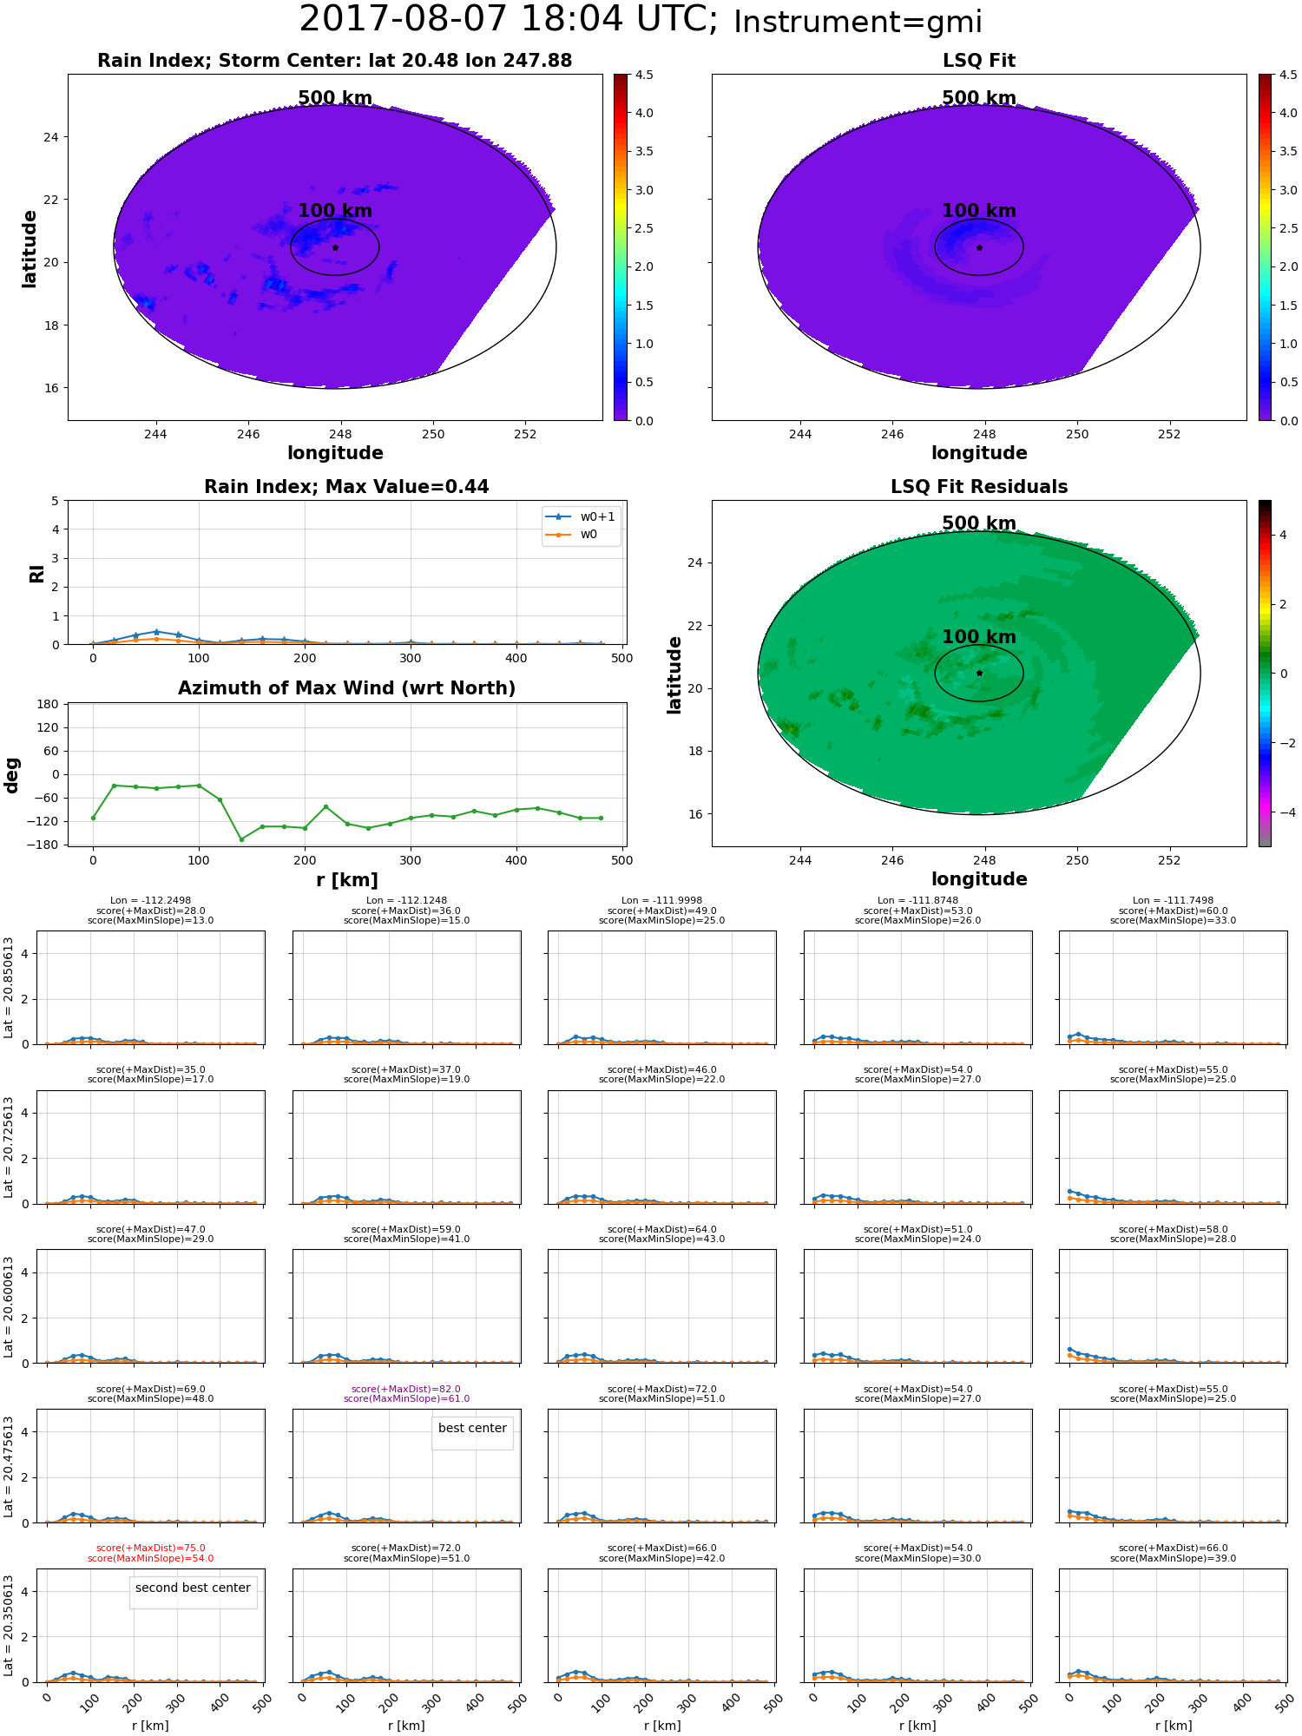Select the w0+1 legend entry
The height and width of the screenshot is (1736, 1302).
pyautogui.click(x=581, y=516)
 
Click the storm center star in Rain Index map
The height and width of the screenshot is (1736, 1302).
pyautogui.click(x=335, y=247)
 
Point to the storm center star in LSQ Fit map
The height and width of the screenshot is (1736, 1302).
pyautogui.click(x=979, y=247)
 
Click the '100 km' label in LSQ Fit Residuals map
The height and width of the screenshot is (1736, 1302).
pyautogui.click(x=979, y=637)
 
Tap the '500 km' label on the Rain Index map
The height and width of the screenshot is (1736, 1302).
pyautogui.click(x=335, y=98)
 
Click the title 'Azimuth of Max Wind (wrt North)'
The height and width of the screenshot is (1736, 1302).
pyautogui.click(x=346, y=688)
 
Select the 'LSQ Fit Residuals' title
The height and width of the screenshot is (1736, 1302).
pyautogui.click(x=979, y=487)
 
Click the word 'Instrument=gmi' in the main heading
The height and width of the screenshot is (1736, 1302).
pyautogui.click(x=858, y=23)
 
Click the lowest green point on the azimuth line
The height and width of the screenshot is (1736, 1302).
pyautogui.click(x=241, y=839)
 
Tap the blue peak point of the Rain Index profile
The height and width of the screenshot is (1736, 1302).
pyautogui.click(x=156, y=632)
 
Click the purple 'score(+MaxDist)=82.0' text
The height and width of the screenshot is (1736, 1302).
pyautogui.click(x=406, y=1390)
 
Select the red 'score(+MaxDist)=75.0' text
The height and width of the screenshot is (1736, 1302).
pyautogui.click(x=151, y=1549)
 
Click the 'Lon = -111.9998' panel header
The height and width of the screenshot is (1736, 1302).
pyautogui.click(x=661, y=901)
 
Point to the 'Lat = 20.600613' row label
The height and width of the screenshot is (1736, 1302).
pyautogui.click(x=9, y=1306)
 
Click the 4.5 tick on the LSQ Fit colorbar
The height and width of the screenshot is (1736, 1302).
pyautogui.click(x=1288, y=75)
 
